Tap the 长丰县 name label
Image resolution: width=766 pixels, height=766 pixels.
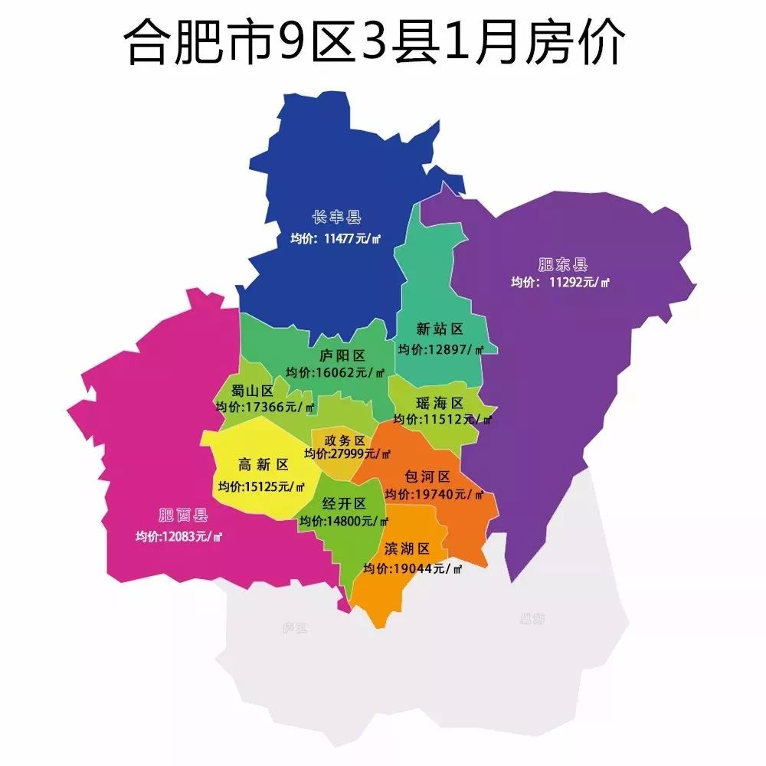(x=336, y=218)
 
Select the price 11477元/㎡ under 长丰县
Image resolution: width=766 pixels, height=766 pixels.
(x=336, y=239)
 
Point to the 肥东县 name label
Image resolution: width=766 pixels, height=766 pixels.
(x=562, y=265)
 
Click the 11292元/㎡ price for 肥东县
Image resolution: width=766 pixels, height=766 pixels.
(x=561, y=283)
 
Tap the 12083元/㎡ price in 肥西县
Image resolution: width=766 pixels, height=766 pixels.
(x=178, y=536)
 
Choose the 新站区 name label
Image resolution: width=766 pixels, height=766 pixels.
(x=440, y=329)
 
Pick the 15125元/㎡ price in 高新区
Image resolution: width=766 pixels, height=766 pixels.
(x=261, y=486)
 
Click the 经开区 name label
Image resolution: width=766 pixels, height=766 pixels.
(x=344, y=503)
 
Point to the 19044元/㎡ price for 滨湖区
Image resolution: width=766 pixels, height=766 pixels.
(x=413, y=569)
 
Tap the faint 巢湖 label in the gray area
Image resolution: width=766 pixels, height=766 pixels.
(x=532, y=619)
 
